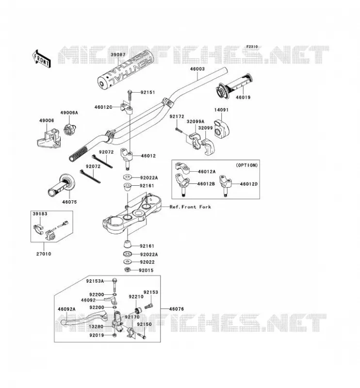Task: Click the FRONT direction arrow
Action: coord(42,59)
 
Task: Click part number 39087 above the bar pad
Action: coord(118,55)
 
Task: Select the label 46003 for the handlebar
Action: coord(197,69)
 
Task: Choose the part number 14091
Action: coord(221,110)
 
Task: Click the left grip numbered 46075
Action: coord(62,186)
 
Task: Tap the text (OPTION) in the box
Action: coord(246,165)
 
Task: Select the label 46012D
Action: coord(249,184)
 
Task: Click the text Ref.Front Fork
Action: coord(190,207)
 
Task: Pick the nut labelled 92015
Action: coord(127,270)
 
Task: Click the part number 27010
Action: coord(44,254)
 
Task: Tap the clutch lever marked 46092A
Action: coord(84,319)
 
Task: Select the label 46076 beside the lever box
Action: coord(177,309)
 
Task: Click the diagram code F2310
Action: coord(252,47)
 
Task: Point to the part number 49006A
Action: coord(69,113)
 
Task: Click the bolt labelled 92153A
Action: coord(115,285)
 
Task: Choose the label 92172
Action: coord(177,116)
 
